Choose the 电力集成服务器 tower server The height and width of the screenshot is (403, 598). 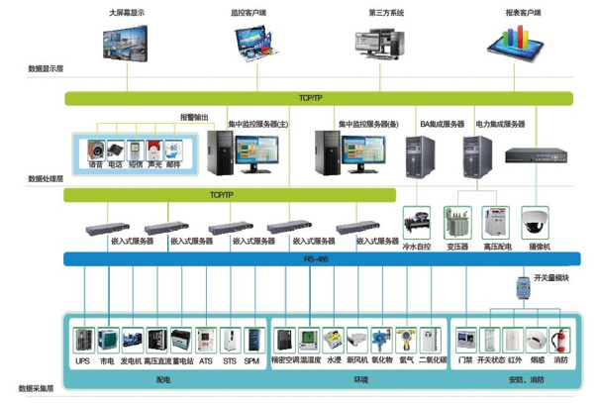[x=478, y=154]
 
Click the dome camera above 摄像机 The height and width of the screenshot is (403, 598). [x=539, y=218]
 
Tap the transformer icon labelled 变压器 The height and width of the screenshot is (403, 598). [x=457, y=220]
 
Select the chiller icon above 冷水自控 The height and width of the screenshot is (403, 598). [x=415, y=221]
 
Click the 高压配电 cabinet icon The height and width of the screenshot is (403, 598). [x=495, y=220]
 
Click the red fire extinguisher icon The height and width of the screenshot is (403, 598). [x=561, y=340]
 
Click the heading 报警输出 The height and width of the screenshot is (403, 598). [x=194, y=116]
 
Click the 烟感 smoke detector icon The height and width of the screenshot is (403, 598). [x=538, y=340]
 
